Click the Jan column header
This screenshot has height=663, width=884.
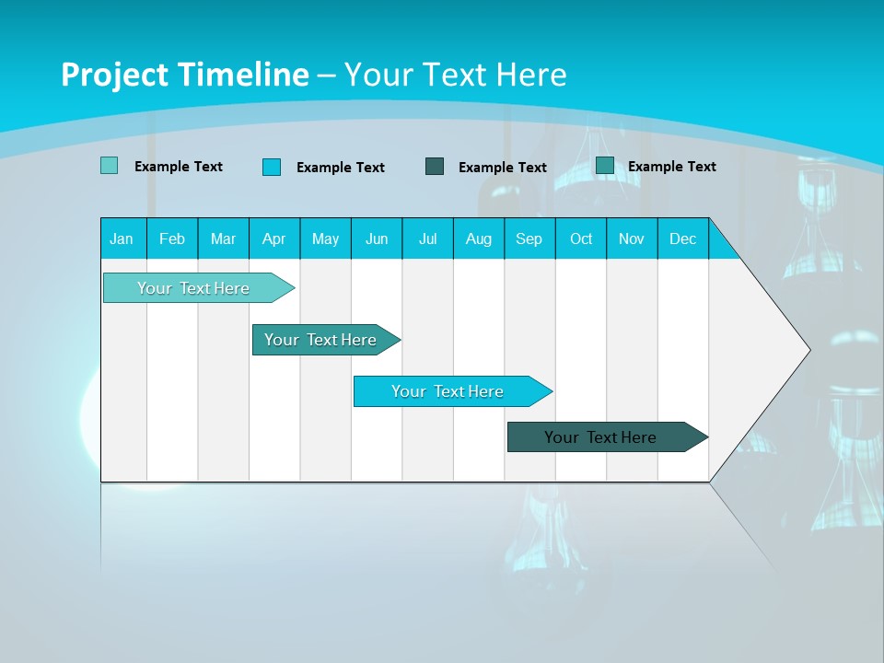click(122, 238)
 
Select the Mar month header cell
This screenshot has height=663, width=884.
click(223, 238)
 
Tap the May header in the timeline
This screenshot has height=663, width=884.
click(325, 238)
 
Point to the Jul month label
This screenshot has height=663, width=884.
click(427, 238)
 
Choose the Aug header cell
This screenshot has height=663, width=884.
click(478, 238)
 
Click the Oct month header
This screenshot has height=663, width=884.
click(581, 238)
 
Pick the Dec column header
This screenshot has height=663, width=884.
click(682, 238)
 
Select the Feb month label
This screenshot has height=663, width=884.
click(172, 238)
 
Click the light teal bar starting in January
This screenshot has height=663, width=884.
click(193, 288)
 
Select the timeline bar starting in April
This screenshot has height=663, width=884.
click(320, 340)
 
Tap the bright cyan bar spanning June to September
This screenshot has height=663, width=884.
click(448, 391)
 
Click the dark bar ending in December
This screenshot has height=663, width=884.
click(600, 437)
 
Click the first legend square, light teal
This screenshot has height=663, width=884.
click(109, 166)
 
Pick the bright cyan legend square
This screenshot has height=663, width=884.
click(272, 167)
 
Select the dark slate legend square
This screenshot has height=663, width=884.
click(435, 166)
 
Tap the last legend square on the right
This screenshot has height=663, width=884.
click(605, 165)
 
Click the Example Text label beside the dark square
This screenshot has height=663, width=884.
click(502, 168)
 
